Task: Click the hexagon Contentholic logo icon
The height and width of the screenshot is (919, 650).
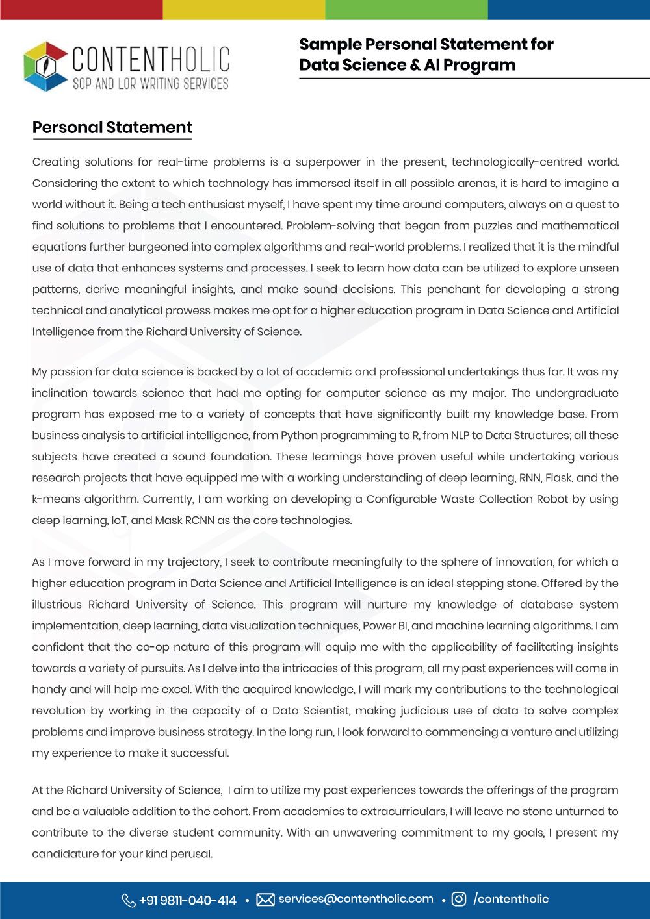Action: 45,66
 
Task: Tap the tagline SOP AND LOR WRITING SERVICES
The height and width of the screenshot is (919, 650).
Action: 150,84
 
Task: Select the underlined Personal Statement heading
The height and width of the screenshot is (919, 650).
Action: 112,128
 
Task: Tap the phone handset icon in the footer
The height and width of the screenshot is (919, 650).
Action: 129,900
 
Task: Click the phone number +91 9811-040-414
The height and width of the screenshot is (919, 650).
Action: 188,900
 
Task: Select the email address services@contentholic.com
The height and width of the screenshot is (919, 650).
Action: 356,899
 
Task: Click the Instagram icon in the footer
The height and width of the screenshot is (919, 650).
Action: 459,900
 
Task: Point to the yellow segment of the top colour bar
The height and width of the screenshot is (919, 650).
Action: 244,9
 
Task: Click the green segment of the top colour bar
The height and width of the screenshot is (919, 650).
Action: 406,9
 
